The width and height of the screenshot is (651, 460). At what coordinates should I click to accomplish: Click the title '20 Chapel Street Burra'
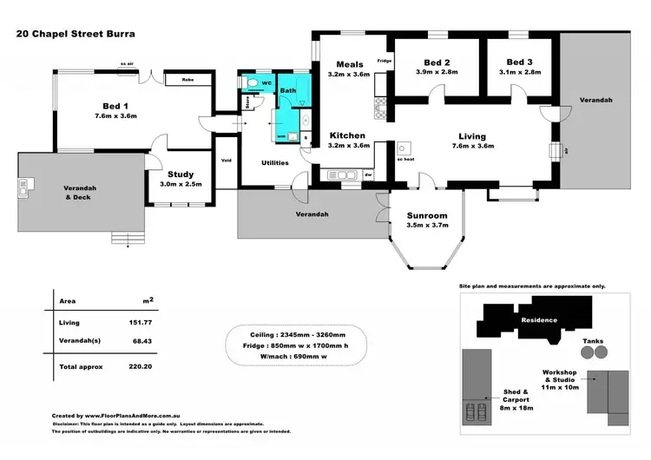tap(76, 36)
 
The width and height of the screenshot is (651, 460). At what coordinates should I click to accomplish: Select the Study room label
tap(180, 173)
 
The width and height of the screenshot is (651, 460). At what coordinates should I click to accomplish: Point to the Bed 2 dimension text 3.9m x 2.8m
tap(435, 73)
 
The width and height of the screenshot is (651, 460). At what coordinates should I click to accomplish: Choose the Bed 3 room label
tap(519, 62)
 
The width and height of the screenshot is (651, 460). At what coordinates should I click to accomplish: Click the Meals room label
tap(348, 64)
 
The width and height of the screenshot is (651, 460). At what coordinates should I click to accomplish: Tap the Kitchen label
tap(348, 136)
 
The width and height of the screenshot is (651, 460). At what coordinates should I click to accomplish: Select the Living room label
tap(472, 136)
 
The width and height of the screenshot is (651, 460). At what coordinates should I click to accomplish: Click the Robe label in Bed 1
tap(187, 80)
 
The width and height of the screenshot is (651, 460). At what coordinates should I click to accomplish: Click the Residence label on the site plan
tap(538, 320)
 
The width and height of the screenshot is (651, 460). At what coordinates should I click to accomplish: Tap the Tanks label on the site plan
tap(593, 341)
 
